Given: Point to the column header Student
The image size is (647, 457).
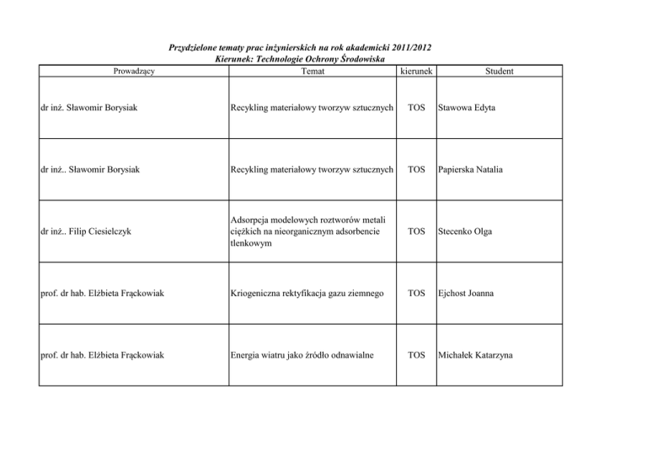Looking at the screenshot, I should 499,72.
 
